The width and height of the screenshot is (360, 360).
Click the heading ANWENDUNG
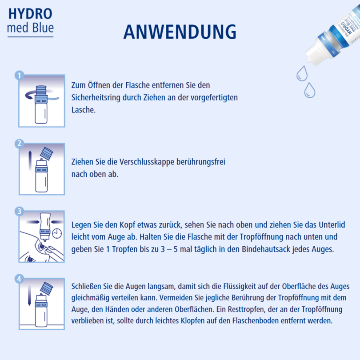180,32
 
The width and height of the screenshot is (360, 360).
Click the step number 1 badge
19,76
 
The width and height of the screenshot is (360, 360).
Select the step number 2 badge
19,143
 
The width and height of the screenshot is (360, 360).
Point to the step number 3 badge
19,211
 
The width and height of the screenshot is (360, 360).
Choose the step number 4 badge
19,279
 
